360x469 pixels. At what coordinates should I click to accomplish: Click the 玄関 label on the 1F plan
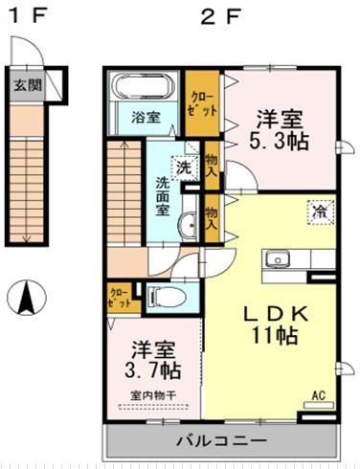coord(27,83)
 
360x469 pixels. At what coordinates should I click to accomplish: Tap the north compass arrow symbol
coord(27,298)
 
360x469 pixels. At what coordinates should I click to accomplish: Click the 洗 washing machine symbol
coord(185,165)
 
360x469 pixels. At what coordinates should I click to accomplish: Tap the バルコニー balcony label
coord(221,441)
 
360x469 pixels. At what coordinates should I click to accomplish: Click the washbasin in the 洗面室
coord(187,226)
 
